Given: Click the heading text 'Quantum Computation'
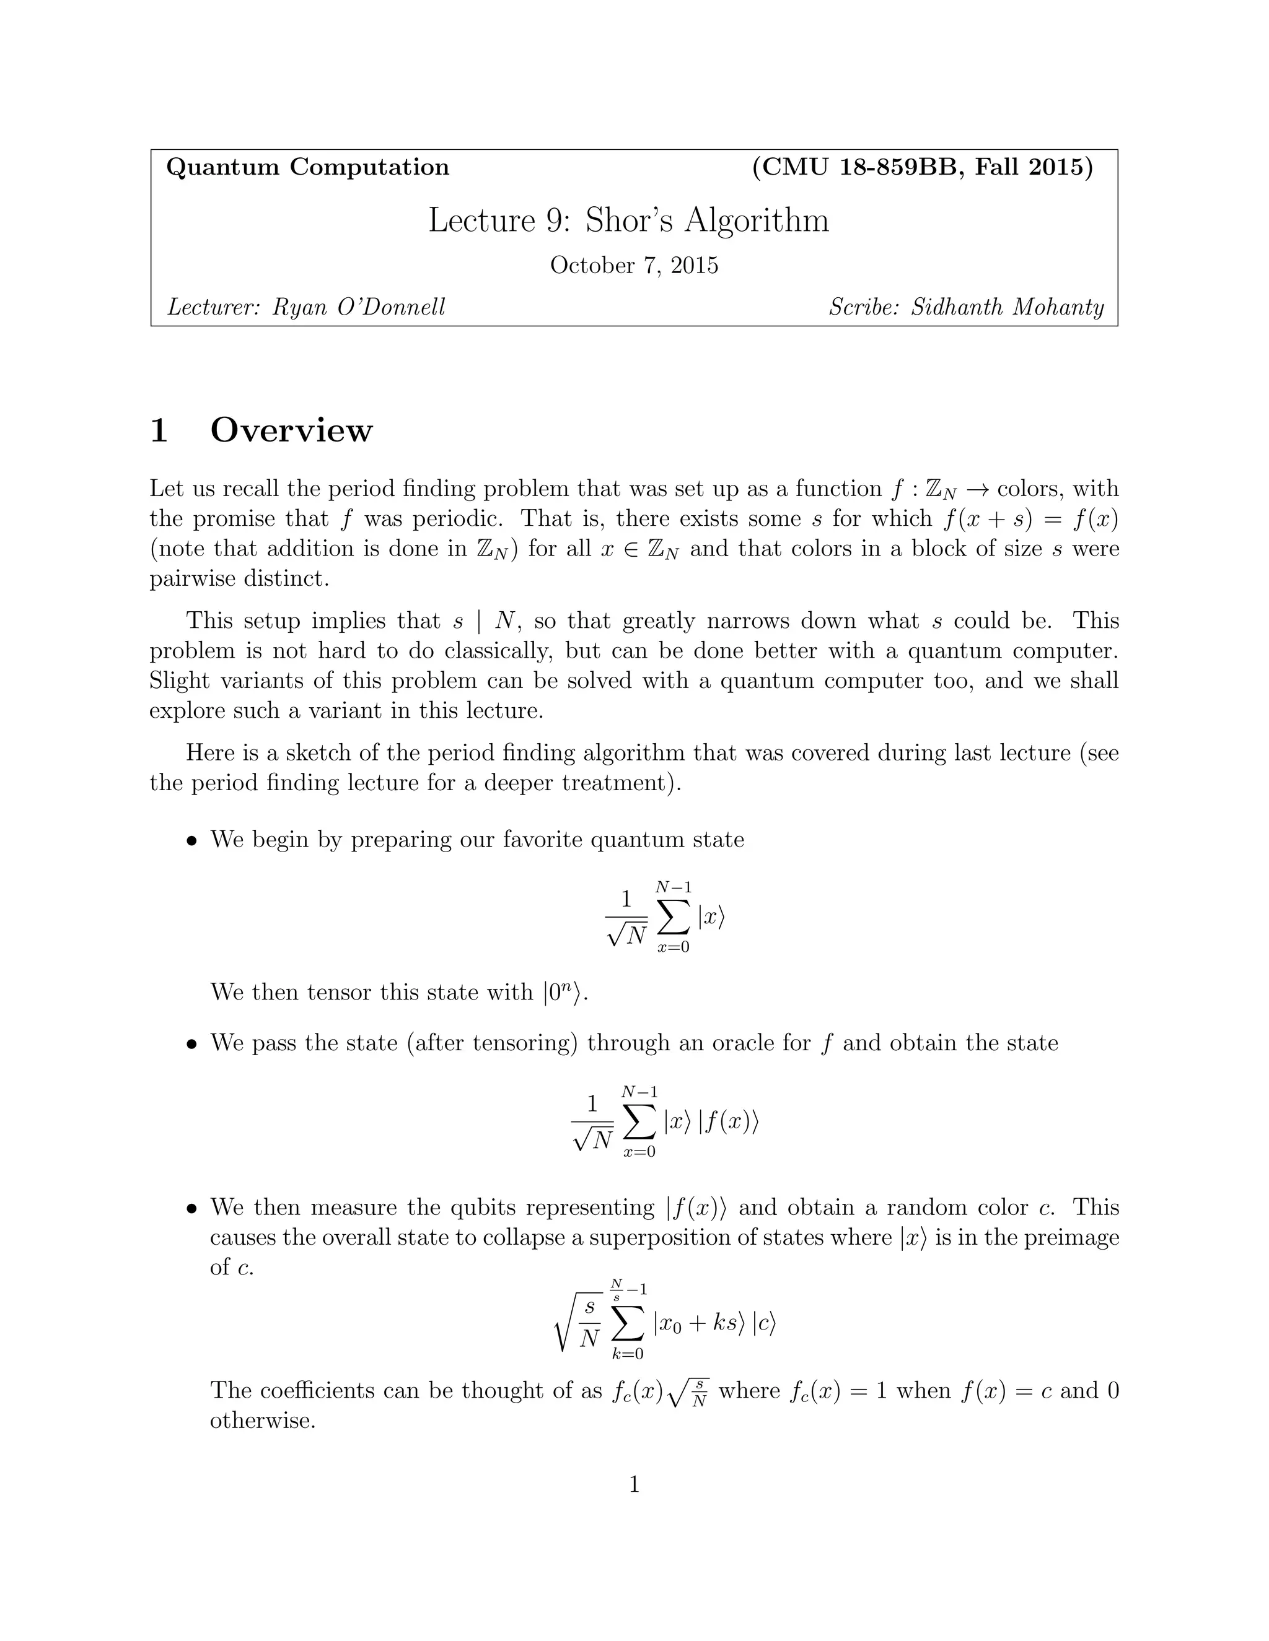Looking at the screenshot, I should tap(307, 167).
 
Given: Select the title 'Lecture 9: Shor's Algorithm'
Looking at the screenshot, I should tap(628, 220).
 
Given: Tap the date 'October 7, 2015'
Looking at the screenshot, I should tap(634, 265).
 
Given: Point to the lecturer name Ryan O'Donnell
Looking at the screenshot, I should tap(359, 307).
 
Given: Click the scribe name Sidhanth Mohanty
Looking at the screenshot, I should tap(1008, 307).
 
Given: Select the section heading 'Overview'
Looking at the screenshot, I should tap(291, 430).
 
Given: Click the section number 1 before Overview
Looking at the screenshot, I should tap(159, 430).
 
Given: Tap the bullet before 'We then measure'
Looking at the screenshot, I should tap(193, 1209).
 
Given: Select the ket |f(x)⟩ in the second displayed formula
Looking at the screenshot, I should tap(729, 1123).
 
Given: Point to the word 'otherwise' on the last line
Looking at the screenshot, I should tap(260, 1421).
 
